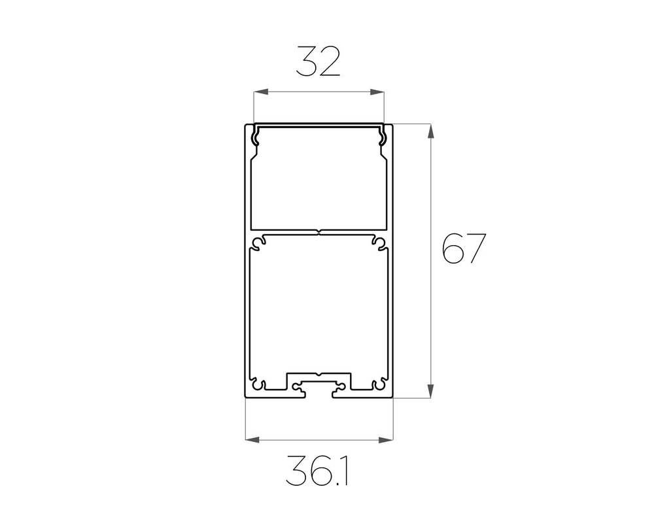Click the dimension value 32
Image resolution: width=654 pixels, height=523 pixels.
coord(318,61)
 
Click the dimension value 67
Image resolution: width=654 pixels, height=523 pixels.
coord(464,248)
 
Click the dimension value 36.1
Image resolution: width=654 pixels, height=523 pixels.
coord(317,471)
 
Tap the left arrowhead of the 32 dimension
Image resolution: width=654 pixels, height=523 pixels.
coord(261,92)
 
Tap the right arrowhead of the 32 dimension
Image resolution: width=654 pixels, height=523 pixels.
coord(377,92)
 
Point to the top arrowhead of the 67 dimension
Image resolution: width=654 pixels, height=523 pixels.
coord(431,131)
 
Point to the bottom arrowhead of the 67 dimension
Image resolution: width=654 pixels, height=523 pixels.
coord(431,392)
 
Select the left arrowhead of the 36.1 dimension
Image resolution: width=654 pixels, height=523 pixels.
coord(252,439)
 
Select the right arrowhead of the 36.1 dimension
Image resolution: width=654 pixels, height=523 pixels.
coord(387,439)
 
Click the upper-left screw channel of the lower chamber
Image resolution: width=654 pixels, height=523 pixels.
coord(258,243)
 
